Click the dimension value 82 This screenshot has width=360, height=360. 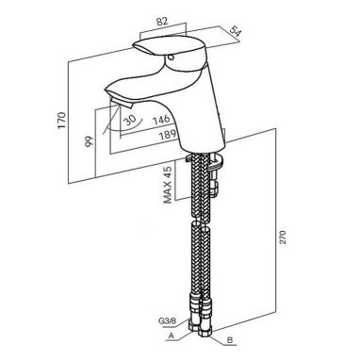pyautogui.click(x=162, y=21)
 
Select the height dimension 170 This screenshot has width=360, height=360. pyautogui.click(x=62, y=120)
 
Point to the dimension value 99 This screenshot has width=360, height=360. pyautogui.click(x=90, y=141)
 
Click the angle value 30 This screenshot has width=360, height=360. pyautogui.click(x=129, y=120)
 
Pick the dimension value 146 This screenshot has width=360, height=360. pyautogui.click(x=161, y=120)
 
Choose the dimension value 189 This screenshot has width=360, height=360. pyautogui.click(x=167, y=135)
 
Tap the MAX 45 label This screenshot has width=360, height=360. pyautogui.click(x=168, y=185)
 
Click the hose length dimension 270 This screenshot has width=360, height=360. pyautogui.click(x=282, y=238)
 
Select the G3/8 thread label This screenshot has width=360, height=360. pyautogui.click(x=168, y=321)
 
